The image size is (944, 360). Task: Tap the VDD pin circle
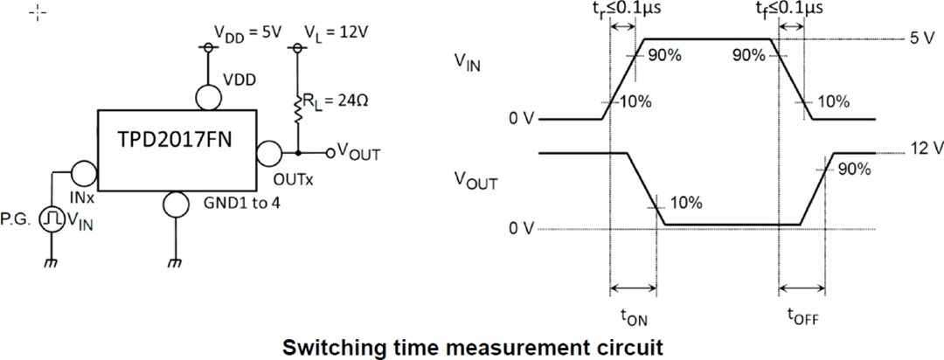click(x=208, y=97)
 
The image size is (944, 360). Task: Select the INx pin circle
click(x=84, y=172)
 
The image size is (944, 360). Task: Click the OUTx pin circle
click(x=270, y=154)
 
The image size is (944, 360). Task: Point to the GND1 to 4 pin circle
click(x=176, y=204)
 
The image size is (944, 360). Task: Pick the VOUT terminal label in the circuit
click(x=359, y=155)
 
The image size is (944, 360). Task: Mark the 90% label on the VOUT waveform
click(x=854, y=170)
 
